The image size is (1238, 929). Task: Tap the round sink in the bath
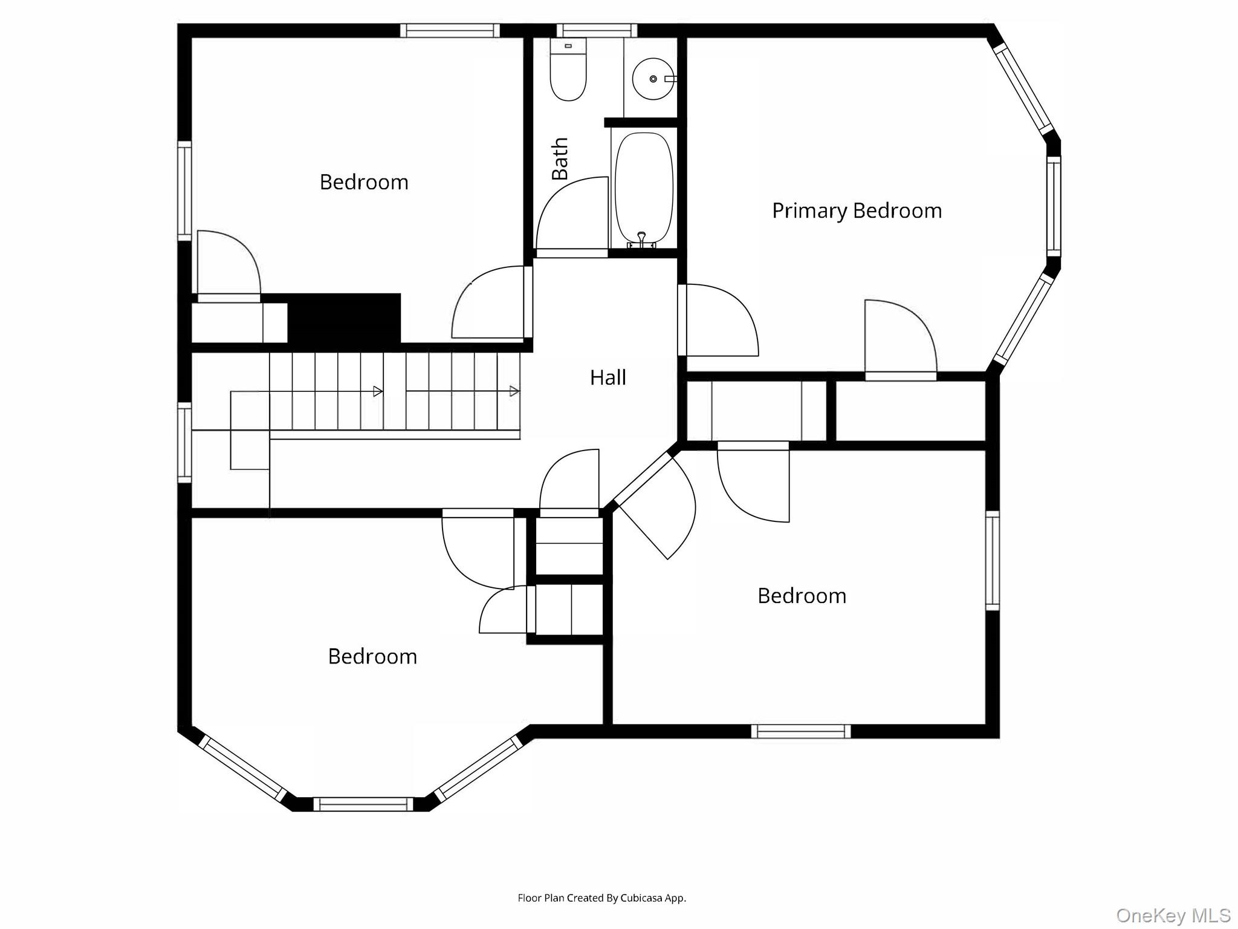pos(653,79)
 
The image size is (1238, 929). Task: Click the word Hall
pos(608,377)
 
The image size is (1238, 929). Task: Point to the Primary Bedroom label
pos(857,210)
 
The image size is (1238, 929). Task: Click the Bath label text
pos(560,158)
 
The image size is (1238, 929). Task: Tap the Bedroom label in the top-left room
pos(364,182)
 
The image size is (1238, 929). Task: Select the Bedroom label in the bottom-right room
pos(802,596)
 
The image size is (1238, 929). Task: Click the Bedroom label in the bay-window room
pos(372,656)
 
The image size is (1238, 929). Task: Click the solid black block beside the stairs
pos(344,319)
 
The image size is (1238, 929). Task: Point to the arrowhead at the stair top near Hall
pos(514,391)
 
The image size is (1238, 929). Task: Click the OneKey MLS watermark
pos(1173,915)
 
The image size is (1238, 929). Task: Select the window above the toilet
pos(597,30)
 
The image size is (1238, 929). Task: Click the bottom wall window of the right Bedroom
pos(801,731)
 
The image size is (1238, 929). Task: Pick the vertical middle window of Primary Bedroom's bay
pos(1054,206)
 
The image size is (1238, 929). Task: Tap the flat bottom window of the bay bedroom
pos(363,804)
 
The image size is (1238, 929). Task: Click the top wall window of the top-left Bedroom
pos(450,30)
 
